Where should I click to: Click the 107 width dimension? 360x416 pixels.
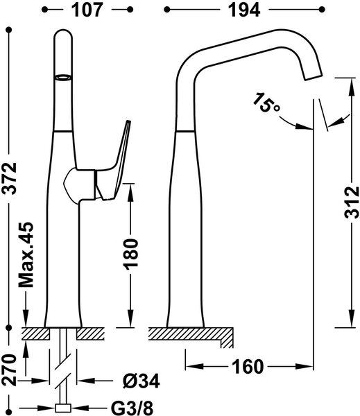[x=87, y=10]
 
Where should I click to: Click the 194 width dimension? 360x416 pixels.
[x=244, y=10]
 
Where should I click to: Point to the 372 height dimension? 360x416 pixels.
[x=10, y=178]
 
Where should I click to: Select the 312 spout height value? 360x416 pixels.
[x=352, y=202]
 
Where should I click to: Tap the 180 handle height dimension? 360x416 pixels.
[x=131, y=254]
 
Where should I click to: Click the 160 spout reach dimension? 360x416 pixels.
[x=248, y=367]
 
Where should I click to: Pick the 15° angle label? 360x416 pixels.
[x=266, y=103]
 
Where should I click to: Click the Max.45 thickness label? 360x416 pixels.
[x=26, y=254]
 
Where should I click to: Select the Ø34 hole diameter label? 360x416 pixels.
[x=142, y=381]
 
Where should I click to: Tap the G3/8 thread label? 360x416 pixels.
[x=132, y=408]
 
